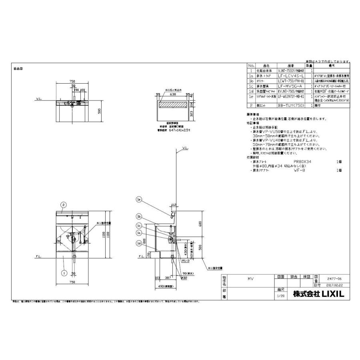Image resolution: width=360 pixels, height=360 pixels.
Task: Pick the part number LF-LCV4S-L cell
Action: (x=291, y=75)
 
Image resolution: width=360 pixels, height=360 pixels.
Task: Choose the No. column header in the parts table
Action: (x=251, y=64)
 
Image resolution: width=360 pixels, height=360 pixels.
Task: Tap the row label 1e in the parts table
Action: (x=251, y=96)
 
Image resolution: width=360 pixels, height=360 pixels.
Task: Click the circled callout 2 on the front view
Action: (x=63, y=204)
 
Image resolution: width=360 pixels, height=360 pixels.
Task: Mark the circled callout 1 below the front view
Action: (x=63, y=273)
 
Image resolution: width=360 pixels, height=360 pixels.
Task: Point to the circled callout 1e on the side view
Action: (x=139, y=199)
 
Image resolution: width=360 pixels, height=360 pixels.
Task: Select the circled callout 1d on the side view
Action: (x=139, y=243)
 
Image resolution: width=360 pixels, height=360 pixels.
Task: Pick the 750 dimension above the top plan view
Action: (x=73, y=80)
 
